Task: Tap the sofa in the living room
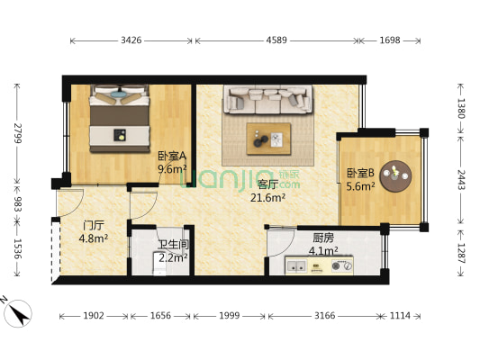pos(267,99)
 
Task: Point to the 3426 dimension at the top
pos(131,40)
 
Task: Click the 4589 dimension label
pos(276,40)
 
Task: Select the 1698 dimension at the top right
pos(390,40)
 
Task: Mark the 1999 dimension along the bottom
pos(231,316)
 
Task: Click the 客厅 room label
pos(267,185)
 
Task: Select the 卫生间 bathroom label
pos(173,244)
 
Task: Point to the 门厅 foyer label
pos(94,226)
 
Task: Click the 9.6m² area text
pos(172,167)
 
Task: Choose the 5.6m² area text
pos(360,186)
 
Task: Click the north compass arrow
pos(17,312)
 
